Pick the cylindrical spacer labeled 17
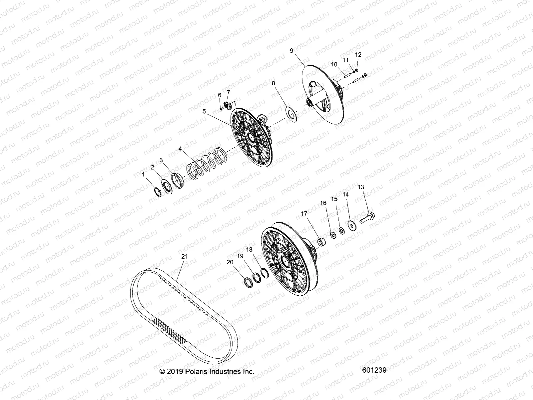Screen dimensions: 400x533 (x=322, y=241)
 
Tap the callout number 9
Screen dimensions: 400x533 (x=291, y=51)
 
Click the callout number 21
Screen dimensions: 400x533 (x=185, y=257)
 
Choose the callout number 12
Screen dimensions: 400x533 (x=358, y=54)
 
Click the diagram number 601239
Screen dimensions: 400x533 (x=373, y=370)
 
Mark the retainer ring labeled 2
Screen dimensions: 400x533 (x=166, y=186)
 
